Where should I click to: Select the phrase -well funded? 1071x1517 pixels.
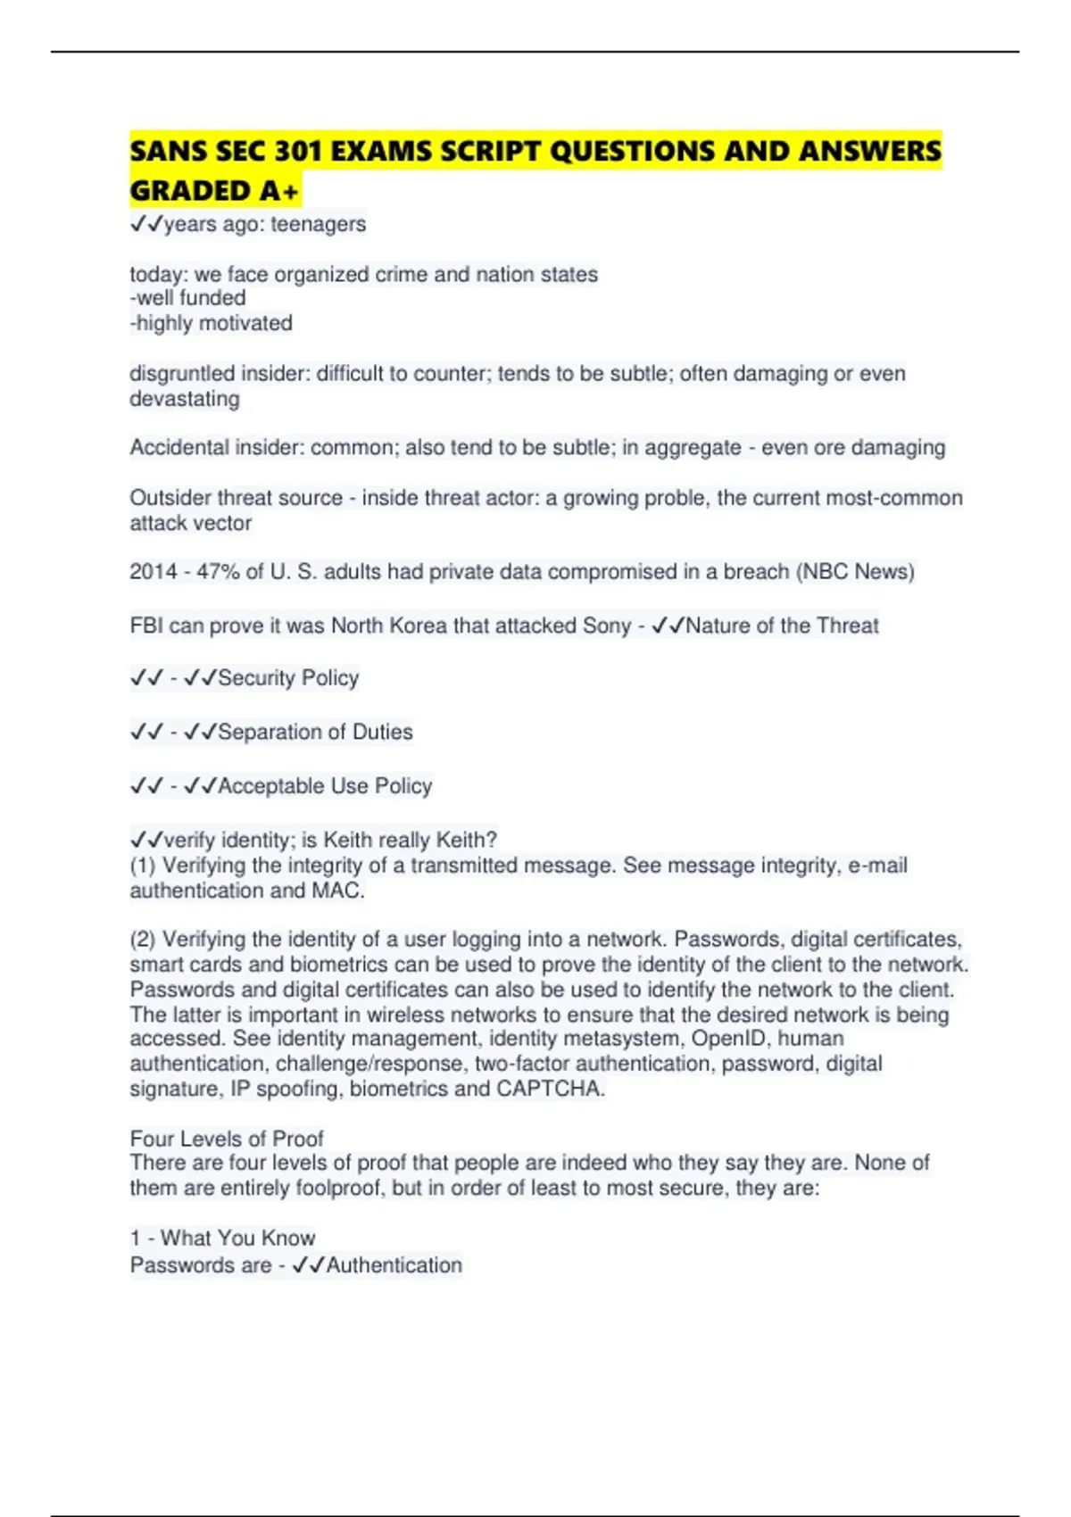click(187, 298)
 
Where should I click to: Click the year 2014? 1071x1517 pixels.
click(154, 572)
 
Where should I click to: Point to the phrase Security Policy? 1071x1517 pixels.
click(288, 678)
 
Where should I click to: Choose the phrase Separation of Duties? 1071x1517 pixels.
click(315, 733)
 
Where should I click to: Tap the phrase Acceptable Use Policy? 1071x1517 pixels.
click(325, 786)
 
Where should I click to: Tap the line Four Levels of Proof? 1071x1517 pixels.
click(227, 1139)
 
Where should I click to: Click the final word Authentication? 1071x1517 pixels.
click(394, 1265)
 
